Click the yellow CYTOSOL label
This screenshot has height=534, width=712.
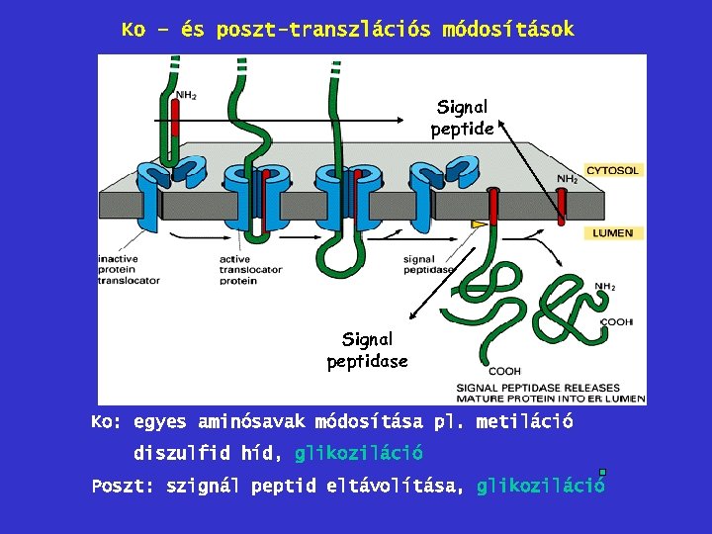[x=613, y=170]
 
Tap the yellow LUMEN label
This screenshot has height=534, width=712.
[x=612, y=233]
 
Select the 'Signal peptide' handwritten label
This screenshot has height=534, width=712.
[x=462, y=117]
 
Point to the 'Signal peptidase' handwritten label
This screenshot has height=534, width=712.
[x=367, y=350]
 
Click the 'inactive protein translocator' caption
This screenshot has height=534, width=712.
[x=129, y=270]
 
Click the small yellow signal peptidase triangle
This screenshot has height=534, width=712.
[x=480, y=225]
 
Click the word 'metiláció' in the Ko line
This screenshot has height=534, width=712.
[x=524, y=422]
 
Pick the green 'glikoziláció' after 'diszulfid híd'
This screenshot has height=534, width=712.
[x=359, y=454]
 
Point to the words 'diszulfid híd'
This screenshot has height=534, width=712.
[x=207, y=454]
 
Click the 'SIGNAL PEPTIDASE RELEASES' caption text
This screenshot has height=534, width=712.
[x=538, y=388]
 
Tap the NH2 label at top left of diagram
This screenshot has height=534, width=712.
[x=185, y=95]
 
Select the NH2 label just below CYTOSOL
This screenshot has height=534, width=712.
[x=568, y=179]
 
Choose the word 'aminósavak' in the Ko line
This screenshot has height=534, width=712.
[x=250, y=422]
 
